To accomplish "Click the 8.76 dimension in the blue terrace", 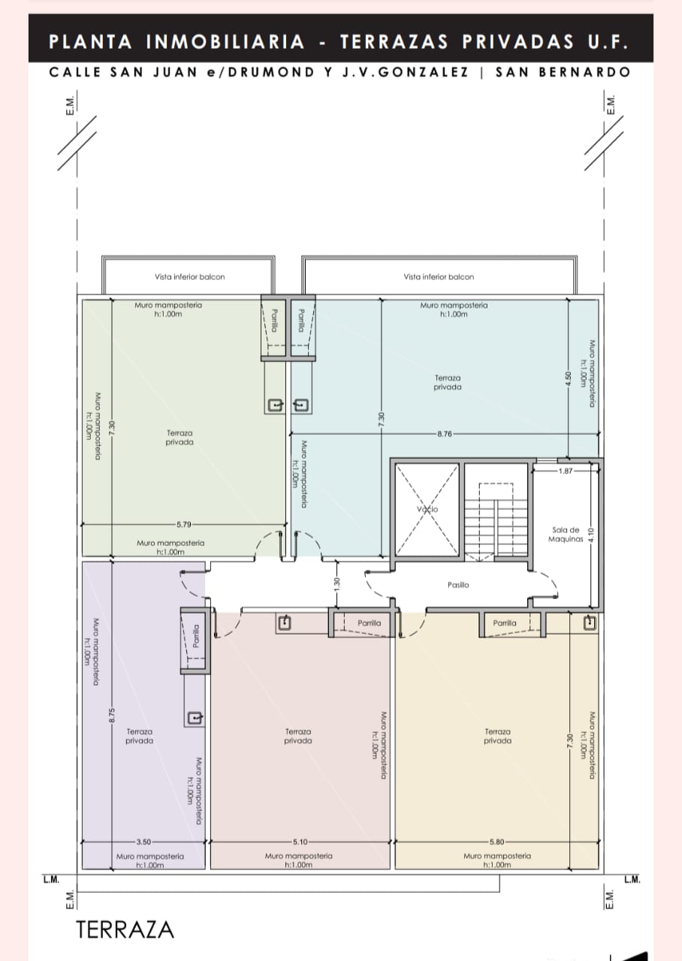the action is pos(445,434).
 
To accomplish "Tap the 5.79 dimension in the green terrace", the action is pos(184,524).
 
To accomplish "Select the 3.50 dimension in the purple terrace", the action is pos(143,842).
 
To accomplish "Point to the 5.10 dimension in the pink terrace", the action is pos(300,842).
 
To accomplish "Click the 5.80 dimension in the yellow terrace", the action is pos(496,842).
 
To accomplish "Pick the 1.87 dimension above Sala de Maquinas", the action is pos(566,471).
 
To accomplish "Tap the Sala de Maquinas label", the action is pos(566,534).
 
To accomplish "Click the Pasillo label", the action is pos(458,585).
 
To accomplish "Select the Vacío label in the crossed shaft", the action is pos(427,509).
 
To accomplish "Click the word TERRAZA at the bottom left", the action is pos(125,929).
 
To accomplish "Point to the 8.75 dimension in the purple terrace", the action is pos(112,715).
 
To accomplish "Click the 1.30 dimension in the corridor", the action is pos(336,583).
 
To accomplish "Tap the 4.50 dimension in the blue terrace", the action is pos(569,378).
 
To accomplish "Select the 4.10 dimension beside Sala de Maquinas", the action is pos(591,535).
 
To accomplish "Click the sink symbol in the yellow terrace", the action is pos(590,622).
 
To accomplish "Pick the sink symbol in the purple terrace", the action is pos(195,718).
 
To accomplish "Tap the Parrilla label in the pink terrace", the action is pos(369,622).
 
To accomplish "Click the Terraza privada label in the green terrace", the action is pos(180,438).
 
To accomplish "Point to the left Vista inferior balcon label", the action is pos(190,277).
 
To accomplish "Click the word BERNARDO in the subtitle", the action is pos(584,72).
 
